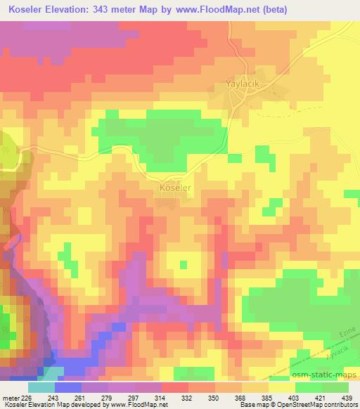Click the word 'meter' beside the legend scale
coord(9,398)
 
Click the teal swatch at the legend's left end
coord(41,387)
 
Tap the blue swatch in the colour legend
coord(68,387)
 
